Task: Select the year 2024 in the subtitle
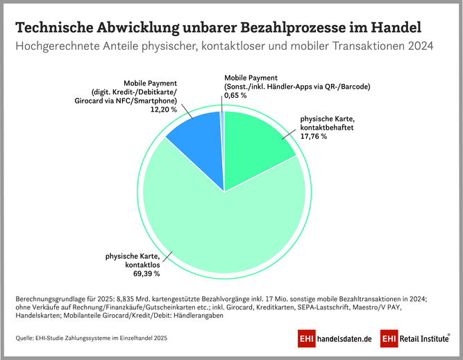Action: pos(417,48)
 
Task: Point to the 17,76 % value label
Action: pos(314,137)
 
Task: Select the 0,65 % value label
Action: pos(235,95)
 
